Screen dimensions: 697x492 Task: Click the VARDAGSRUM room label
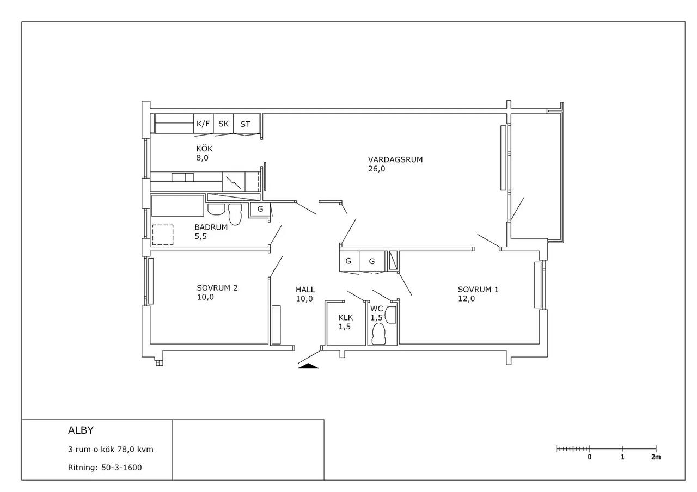coord(395,159)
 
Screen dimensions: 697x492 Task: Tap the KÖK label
coord(204,149)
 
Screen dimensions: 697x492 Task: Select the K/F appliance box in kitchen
coord(204,124)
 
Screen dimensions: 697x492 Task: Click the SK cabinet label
coord(223,124)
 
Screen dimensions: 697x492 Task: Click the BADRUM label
coord(211,227)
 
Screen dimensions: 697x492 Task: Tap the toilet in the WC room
coord(378,334)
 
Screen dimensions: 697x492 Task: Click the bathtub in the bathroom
coord(178,206)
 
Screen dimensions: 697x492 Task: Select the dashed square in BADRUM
coord(163,235)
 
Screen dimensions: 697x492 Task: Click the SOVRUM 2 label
coord(217,288)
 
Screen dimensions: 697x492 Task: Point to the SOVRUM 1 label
coord(478,289)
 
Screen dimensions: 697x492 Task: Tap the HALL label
coord(305,289)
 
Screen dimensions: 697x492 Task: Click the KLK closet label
coord(346,317)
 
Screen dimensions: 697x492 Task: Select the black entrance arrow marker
coord(308,366)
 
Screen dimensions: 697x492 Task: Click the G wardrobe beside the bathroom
coord(260,209)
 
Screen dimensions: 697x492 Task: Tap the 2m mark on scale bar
coord(656,457)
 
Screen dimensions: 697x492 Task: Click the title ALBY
coord(81,430)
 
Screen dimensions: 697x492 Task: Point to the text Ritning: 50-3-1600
coord(105,467)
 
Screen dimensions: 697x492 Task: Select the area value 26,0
coord(376,169)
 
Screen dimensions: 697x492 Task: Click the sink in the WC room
coord(391,315)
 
